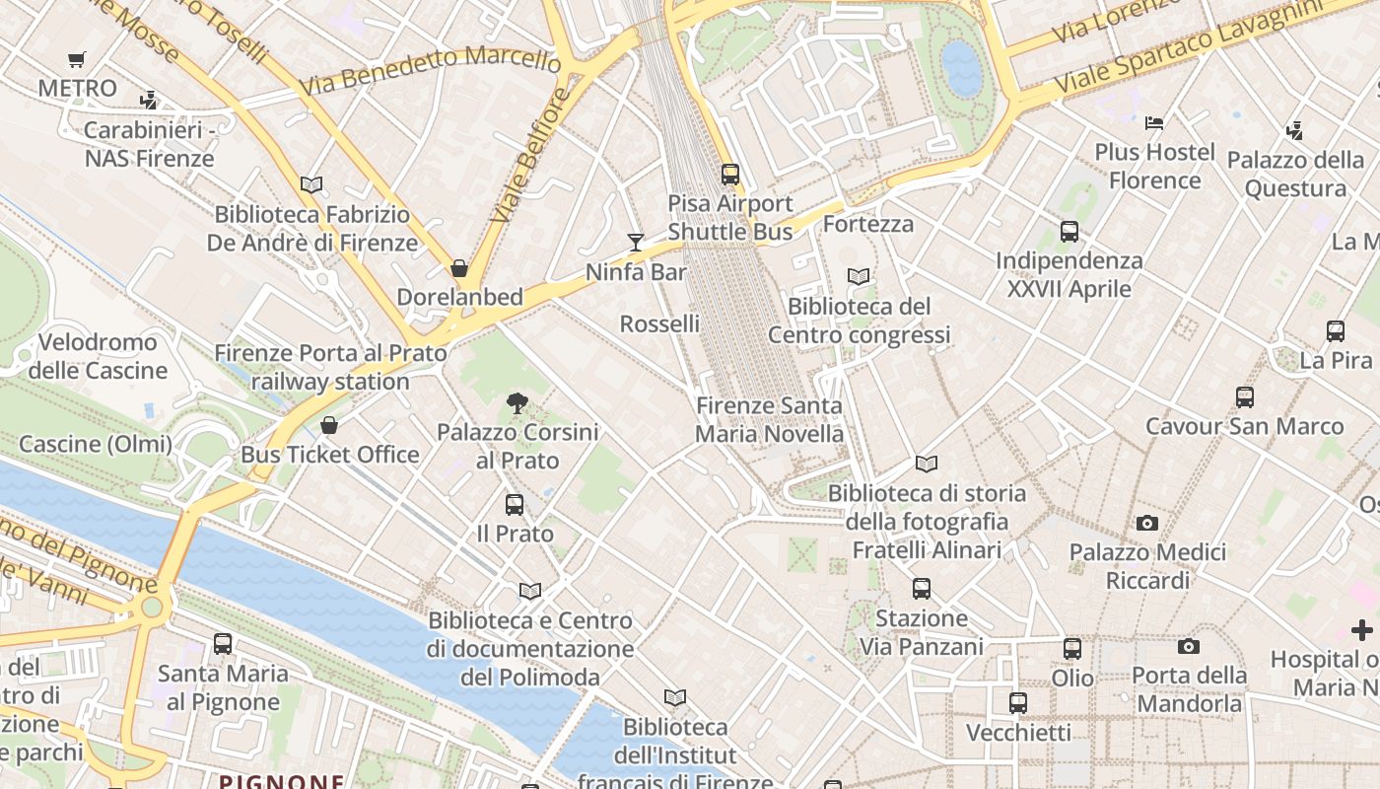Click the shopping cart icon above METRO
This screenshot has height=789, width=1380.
(x=77, y=59)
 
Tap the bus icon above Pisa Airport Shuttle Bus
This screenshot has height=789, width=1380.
(x=730, y=175)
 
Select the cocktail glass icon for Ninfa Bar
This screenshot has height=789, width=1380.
(x=636, y=242)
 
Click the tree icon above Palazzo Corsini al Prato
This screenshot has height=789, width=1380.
(x=516, y=402)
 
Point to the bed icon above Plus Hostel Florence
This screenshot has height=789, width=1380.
(x=1154, y=123)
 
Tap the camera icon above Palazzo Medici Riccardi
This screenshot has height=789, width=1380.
(x=1147, y=523)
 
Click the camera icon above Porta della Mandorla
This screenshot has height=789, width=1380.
(x=1189, y=646)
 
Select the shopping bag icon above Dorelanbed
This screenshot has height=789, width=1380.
(x=459, y=268)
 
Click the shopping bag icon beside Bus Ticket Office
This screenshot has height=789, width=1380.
(x=329, y=425)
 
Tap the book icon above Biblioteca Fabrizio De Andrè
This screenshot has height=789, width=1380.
(x=311, y=184)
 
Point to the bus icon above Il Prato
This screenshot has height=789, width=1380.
(x=515, y=505)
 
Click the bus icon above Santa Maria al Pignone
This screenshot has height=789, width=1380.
(x=223, y=644)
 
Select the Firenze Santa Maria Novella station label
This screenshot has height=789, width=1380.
(x=769, y=419)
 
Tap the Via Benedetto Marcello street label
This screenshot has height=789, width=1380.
(x=430, y=70)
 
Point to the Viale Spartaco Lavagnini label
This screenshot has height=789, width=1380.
(x=1187, y=47)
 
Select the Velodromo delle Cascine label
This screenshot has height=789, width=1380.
(x=98, y=356)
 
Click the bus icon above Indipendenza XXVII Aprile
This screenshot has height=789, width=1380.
(x=1069, y=232)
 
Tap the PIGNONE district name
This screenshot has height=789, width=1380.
(x=282, y=782)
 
